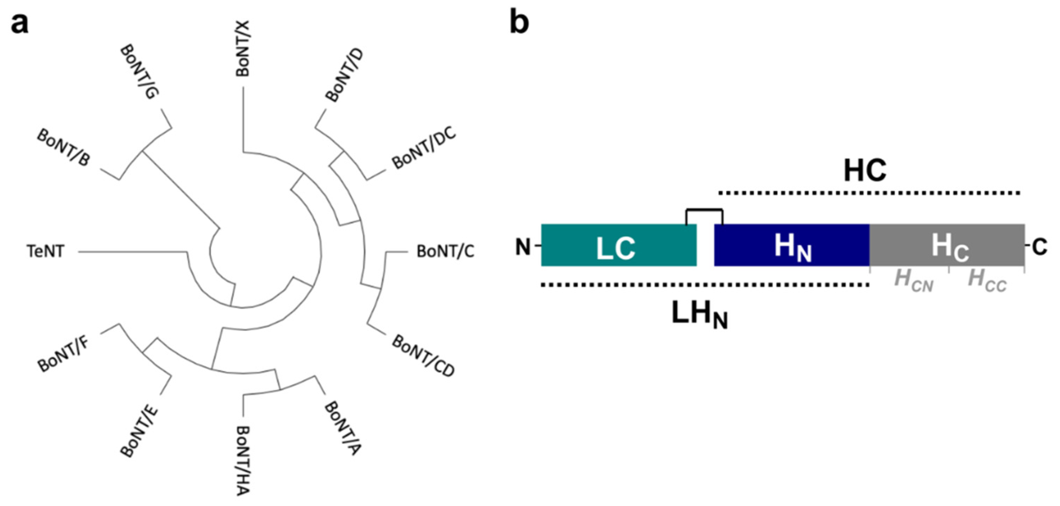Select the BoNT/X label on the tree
point(243,48)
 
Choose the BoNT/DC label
point(424,149)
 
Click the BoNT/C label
point(445,251)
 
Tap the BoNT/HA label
point(243,460)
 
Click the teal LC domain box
point(619,245)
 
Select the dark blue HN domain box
point(792,245)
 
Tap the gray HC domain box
point(946,245)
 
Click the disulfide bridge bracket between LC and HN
point(704,211)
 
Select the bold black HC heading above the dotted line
point(865,171)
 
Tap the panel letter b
point(519,23)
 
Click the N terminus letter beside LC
point(523,247)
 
